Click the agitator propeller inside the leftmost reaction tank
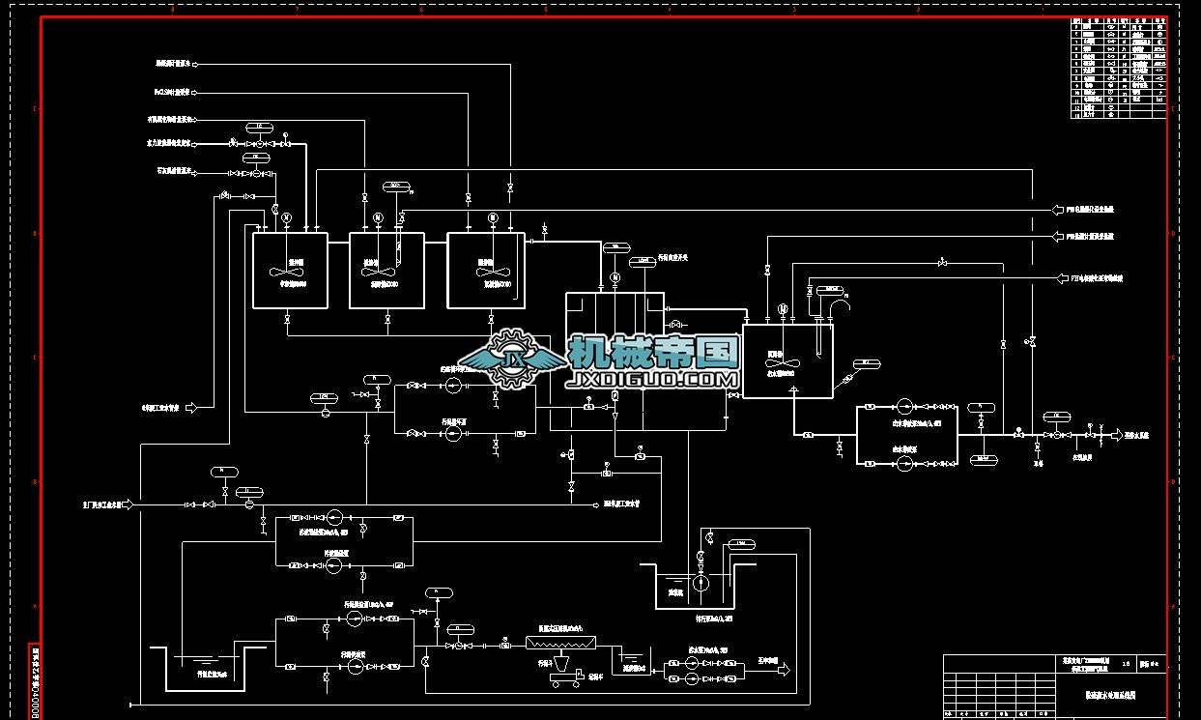286,271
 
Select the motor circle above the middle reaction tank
378,217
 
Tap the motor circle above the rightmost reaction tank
493,217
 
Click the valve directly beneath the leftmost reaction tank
287,318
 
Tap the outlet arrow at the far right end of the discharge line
1117,435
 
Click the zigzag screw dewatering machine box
561,642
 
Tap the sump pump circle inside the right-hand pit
701,584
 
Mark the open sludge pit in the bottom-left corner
207,667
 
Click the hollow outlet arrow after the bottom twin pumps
784,669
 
